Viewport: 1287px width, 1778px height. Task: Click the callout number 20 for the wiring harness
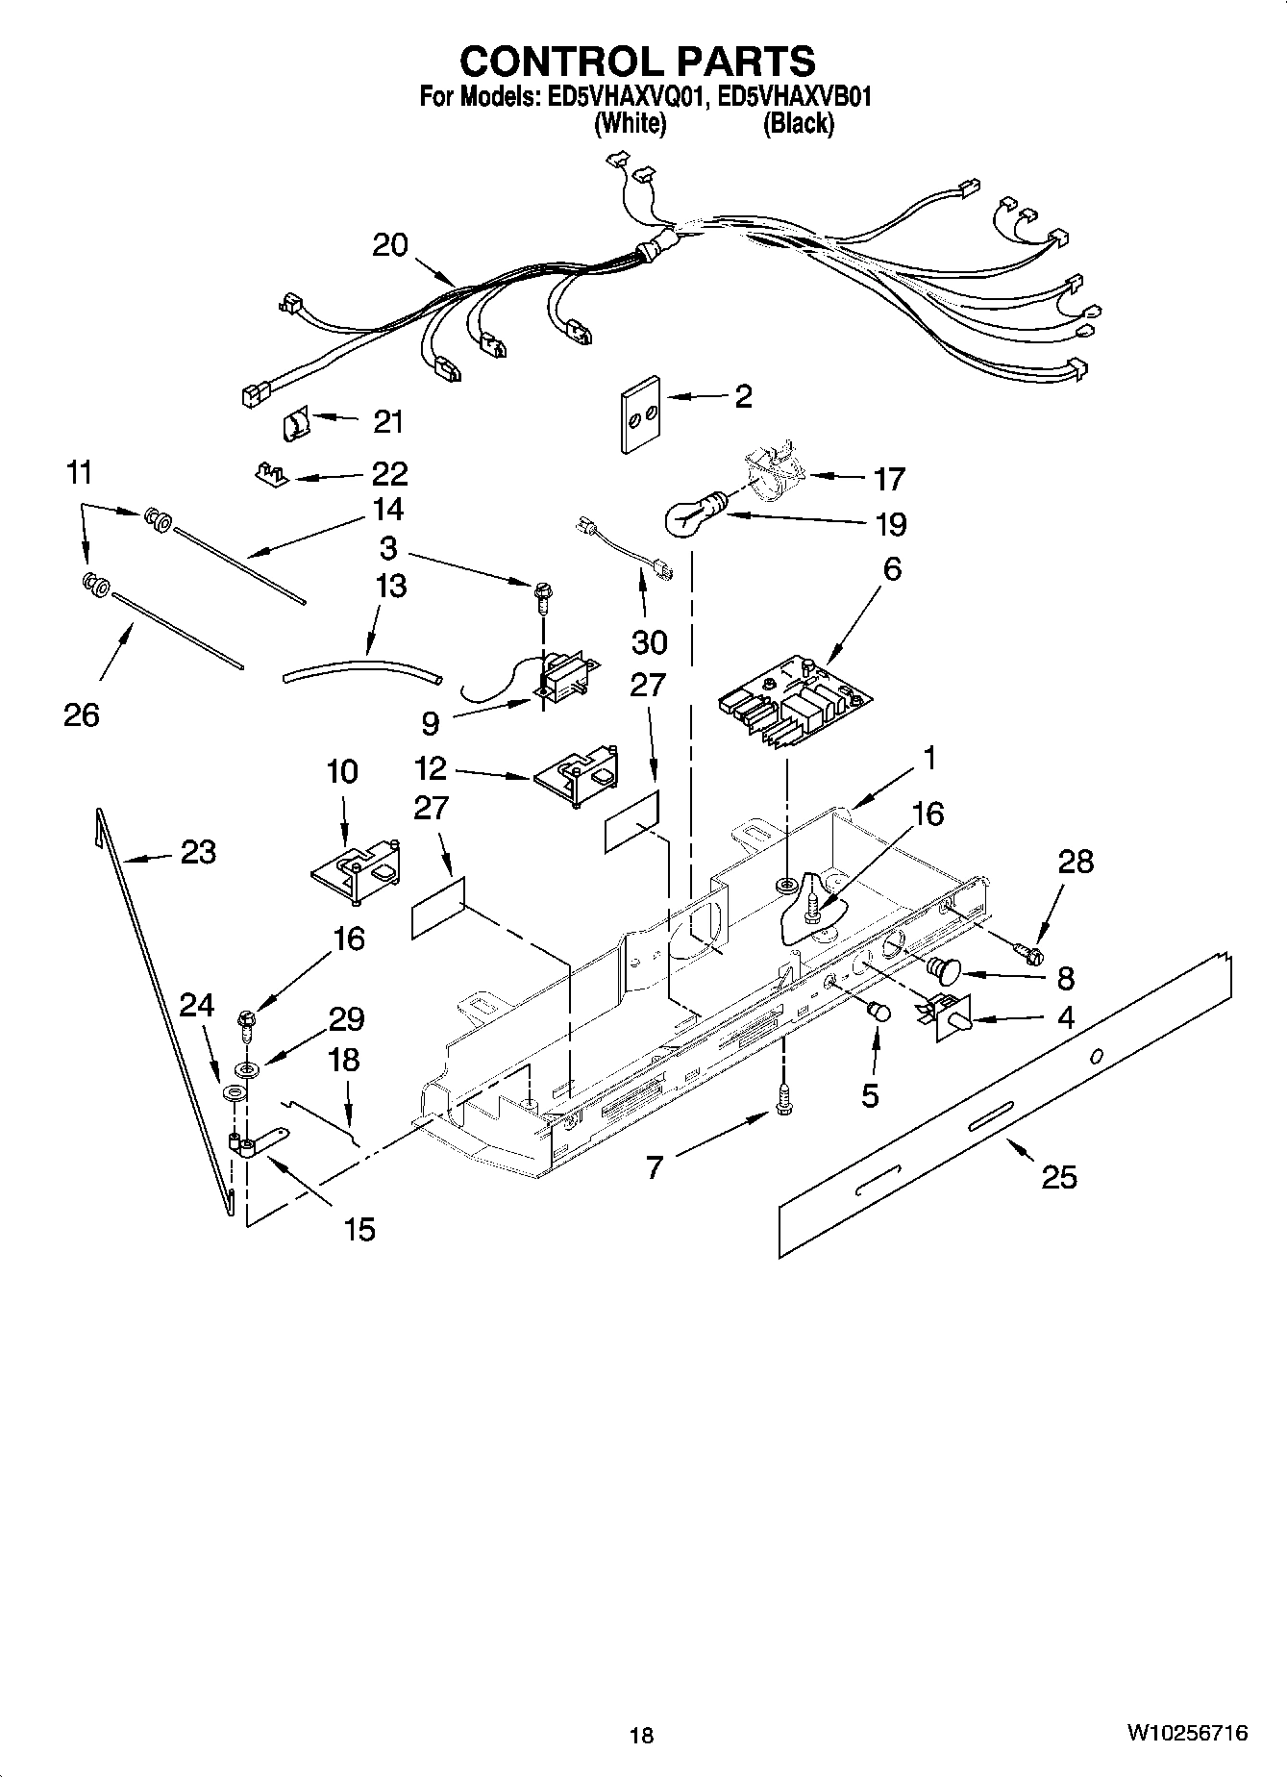click(390, 245)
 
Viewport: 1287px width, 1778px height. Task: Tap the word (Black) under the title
click(797, 124)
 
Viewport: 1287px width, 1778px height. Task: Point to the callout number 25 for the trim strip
click(1058, 1177)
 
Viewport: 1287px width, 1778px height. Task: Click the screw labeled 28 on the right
click(1031, 953)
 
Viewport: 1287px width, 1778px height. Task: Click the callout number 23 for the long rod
click(198, 852)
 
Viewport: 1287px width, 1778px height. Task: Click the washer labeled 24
click(232, 1094)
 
